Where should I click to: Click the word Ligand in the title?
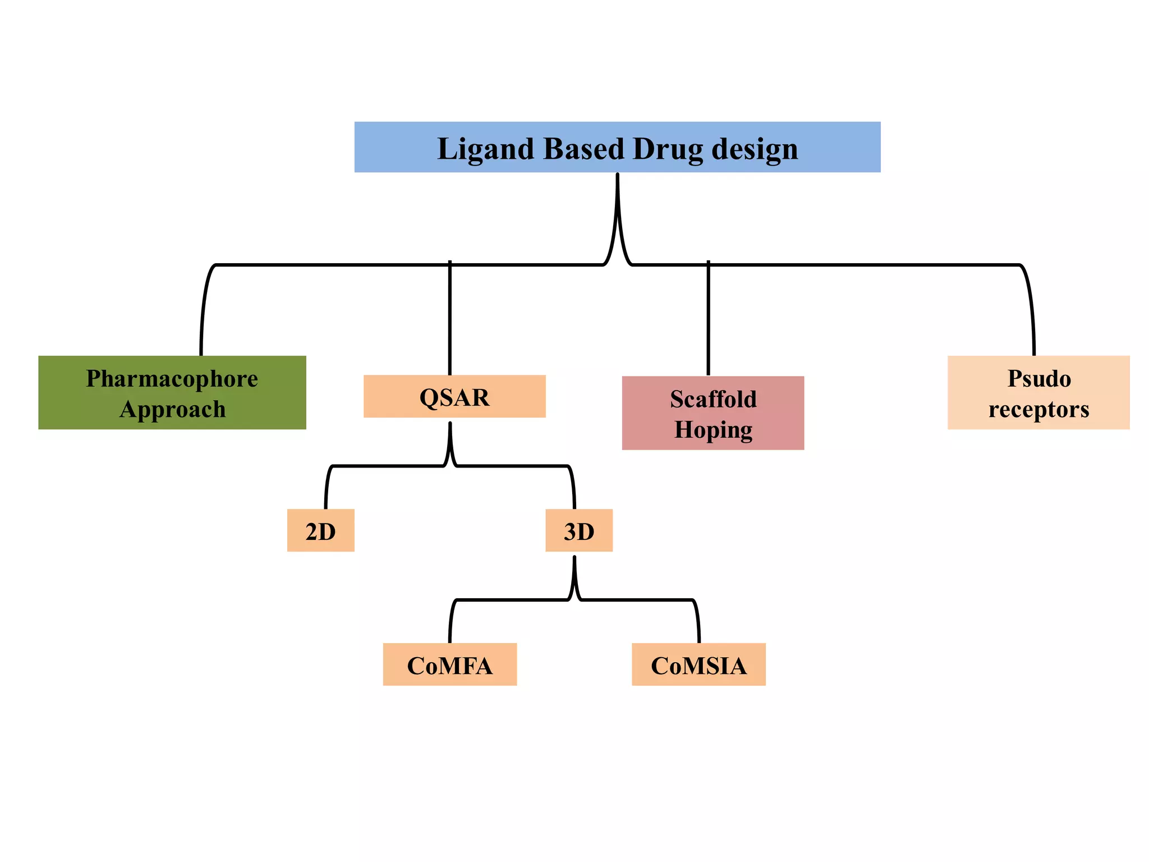click(485, 149)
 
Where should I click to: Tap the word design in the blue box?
click(755, 149)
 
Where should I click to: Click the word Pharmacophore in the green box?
click(172, 379)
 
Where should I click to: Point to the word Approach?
click(172, 409)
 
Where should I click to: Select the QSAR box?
click(454, 397)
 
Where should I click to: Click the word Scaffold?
click(713, 400)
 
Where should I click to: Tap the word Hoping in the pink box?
click(713, 430)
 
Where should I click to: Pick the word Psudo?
click(1039, 379)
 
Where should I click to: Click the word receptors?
click(1039, 409)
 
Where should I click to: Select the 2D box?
click(320, 531)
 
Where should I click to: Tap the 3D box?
click(579, 531)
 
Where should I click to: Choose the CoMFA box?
click(449, 665)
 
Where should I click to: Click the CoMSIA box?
click(698, 665)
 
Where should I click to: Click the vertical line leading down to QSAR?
click(450, 320)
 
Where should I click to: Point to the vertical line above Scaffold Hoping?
click(709, 320)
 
